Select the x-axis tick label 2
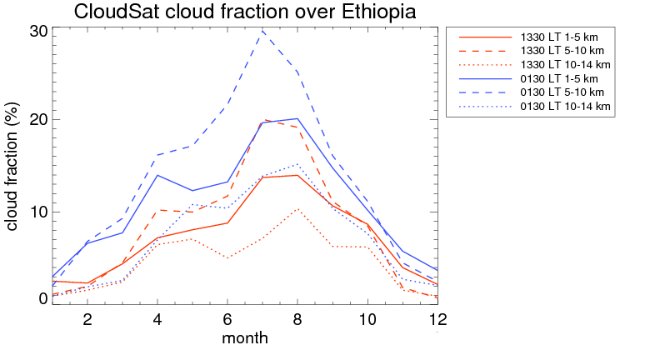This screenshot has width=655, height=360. [87, 319]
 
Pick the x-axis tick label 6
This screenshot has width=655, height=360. [227, 319]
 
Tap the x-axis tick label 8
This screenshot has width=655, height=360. [297, 319]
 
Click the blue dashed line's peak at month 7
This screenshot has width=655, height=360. [262, 30]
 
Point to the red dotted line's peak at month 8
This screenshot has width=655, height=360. [297, 209]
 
